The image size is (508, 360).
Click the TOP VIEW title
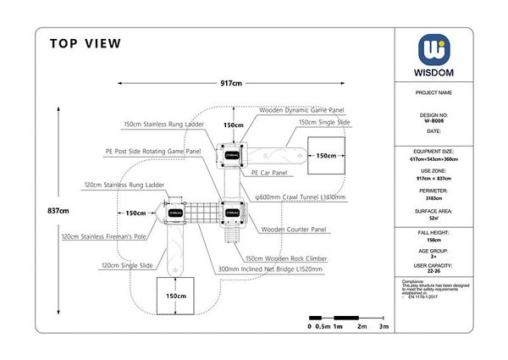click(x=86, y=44)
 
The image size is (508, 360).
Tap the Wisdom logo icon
click(x=434, y=48)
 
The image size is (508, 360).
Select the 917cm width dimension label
click(x=231, y=84)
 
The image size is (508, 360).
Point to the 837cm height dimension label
click(x=58, y=211)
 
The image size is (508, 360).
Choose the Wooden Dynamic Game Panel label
click(x=301, y=110)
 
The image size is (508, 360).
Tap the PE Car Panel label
click(x=269, y=172)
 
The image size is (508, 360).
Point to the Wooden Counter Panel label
click(x=294, y=230)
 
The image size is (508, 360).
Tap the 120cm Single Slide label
click(x=129, y=266)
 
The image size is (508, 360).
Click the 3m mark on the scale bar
click(x=384, y=326)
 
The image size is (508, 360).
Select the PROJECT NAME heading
click(x=433, y=92)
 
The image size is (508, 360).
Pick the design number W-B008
click(x=434, y=120)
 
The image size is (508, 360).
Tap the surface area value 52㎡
click(x=434, y=218)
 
